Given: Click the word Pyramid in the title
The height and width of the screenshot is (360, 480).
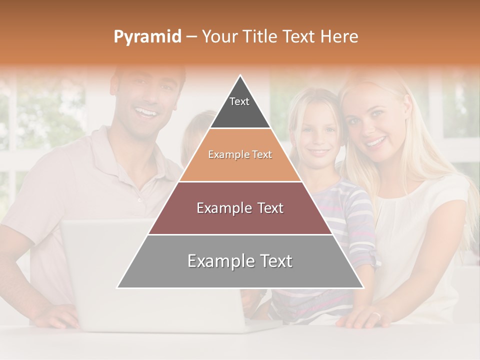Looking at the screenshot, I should tap(147, 37).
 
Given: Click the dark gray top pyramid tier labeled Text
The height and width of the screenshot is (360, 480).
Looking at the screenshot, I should tap(240, 107).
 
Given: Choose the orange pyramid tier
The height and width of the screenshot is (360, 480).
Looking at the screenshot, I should tap(240, 155).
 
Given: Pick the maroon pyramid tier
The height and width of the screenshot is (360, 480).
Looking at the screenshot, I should tap(240, 208).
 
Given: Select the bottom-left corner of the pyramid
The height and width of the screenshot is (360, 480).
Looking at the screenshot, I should tap(117, 288).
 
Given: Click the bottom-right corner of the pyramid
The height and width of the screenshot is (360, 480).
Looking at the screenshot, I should tap(363, 288).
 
